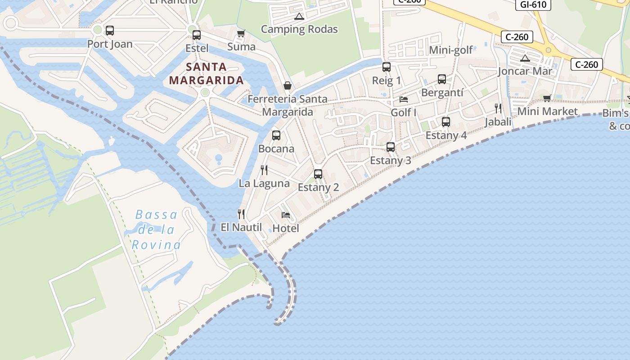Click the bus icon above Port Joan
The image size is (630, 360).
(x=109, y=31)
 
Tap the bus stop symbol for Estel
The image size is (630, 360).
(x=197, y=35)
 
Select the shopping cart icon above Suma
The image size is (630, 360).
(x=241, y=33)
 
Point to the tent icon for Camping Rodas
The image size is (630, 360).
(x=299, y=17)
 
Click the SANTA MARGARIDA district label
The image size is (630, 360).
(x=206, y=74)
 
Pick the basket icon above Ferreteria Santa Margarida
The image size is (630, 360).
(x=287, y=85)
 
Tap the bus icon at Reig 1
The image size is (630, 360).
(x=386, y=67)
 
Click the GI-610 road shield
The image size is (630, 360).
(x=533, y=4)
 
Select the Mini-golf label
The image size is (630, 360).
(x=451, y=50)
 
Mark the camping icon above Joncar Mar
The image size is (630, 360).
(x=525, y=58)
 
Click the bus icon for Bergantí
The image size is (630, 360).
(x=442, y=79)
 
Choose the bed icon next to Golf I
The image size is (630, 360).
(x=404, y=99)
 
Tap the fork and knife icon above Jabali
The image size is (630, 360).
(x=498, y=108)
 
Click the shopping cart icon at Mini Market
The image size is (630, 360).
(x=547, y=98)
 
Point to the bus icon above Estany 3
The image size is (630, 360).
(x=391, y=147)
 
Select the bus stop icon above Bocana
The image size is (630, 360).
(x=276, y=135)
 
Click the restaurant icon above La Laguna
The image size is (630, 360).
(x=264, y=170)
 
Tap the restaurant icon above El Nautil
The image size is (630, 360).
(x=241, y=214)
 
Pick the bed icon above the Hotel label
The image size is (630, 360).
(x=286, y=215)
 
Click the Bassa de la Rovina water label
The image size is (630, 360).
(x=157, y=229)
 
